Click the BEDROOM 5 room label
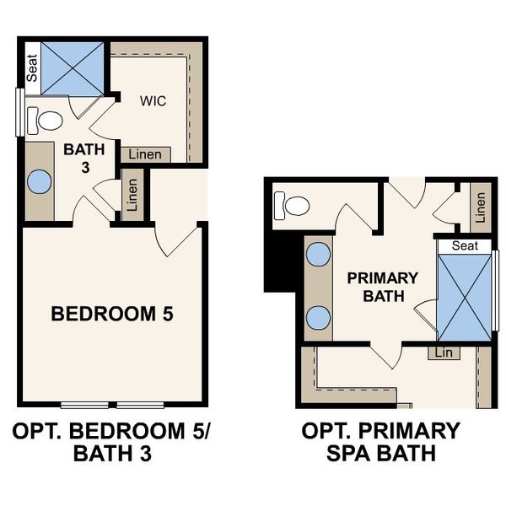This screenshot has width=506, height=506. pyautogui.click(x=112, y=315)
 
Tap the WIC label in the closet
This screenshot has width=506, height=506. pyautogui.click(x=153, y=101)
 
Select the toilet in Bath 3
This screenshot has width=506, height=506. pyautogui.click(x=46, y=121)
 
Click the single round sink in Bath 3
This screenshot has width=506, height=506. pyautogui.click(x=39, y=181)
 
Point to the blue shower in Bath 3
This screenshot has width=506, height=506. pyautogui.click(x=72, y=67)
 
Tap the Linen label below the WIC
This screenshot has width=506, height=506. pyautogui.click(x=146, y=155)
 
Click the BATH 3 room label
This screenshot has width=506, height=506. pyautogui.click(x=85, y=158)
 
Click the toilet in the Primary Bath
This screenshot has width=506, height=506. pyautogui.click(x=294, y=205)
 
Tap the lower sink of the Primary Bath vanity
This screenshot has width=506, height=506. pyautogui.click(x=317, y=317)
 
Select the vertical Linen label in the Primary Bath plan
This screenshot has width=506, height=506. pyautogui.click(x=481, y=207)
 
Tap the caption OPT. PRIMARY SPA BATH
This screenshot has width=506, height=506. pyautogui.click(x=381, y=443)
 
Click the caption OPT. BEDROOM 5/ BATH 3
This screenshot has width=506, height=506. pyautogui.click(x=112, y=443)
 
